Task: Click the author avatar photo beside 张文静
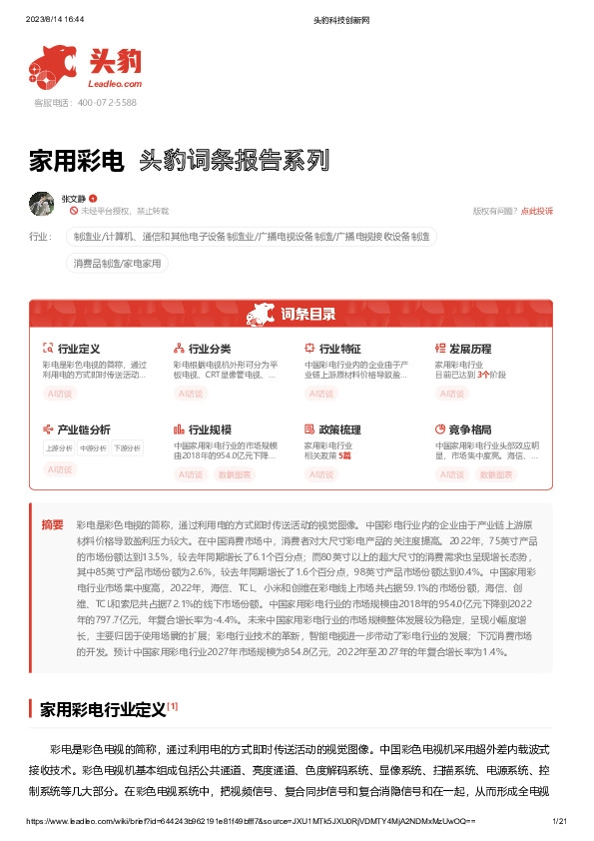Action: [41, 203]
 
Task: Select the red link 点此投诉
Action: [537, 211]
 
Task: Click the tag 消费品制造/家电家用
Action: [117, 264]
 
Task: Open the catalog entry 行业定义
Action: [79, 349]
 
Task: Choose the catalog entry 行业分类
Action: [210, 349]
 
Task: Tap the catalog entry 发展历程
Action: [470, 349]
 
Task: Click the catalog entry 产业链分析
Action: [84, 429]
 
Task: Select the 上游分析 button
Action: [59, 448]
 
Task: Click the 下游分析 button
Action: [127, 448]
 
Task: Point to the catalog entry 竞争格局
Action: [470, 429]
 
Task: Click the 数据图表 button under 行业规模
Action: [235, 474]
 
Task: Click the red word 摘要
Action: [52, 524]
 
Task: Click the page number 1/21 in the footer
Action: [559, 820]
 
